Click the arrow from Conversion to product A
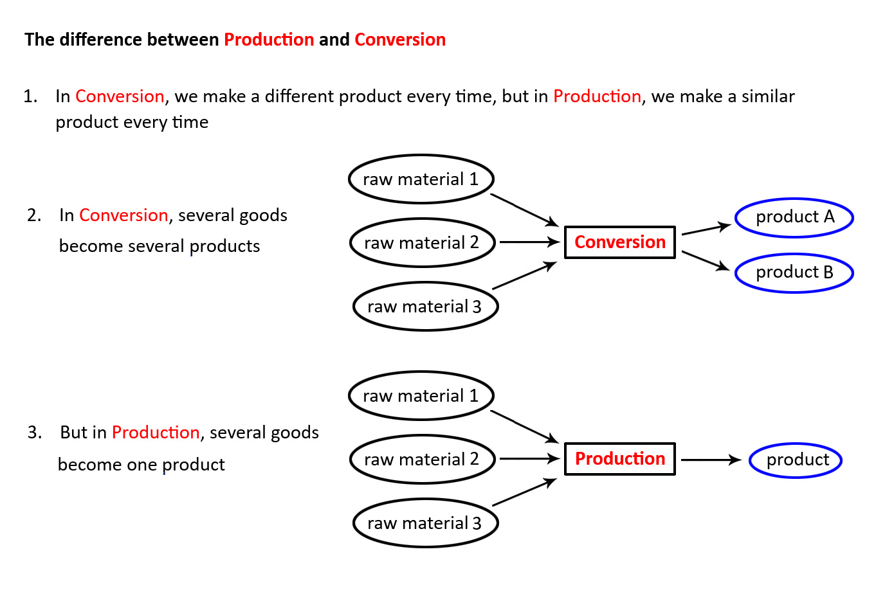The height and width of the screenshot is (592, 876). [x=706, y=229]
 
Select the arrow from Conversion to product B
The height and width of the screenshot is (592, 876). [x=706, y=260]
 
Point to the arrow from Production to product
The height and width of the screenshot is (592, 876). [x=711, y=460]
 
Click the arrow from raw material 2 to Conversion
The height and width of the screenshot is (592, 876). [x=530, y=242]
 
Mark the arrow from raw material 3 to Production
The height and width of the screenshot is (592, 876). [x=524, y=492]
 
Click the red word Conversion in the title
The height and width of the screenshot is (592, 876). [x=400, y=39]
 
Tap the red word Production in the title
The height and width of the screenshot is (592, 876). [x=269, y=39]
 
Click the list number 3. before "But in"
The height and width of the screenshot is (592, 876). [x=35, y=433]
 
